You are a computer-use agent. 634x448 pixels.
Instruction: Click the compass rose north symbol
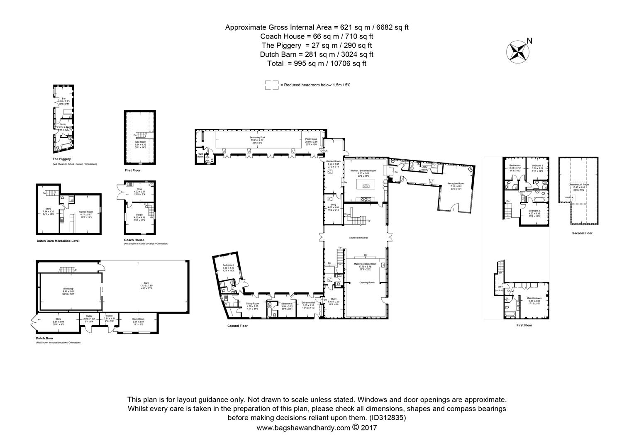pos(517,51)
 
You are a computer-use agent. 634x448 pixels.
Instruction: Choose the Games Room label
pos(86,212)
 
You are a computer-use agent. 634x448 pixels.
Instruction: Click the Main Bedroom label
pos(533,298)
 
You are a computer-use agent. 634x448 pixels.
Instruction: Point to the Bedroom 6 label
pos(228,265)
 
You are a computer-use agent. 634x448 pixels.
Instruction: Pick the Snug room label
pos(334,205)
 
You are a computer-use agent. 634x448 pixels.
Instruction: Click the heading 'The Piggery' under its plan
pos(61,159)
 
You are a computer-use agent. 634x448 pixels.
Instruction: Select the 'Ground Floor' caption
pos(237,326)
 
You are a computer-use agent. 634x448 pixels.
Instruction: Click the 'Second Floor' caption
pos(582,233)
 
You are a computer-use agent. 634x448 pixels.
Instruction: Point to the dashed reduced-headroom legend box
pos(272,85)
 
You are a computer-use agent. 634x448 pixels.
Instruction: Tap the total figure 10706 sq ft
pos(342,63)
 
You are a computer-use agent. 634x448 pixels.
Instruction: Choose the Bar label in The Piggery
pos(63,98)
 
